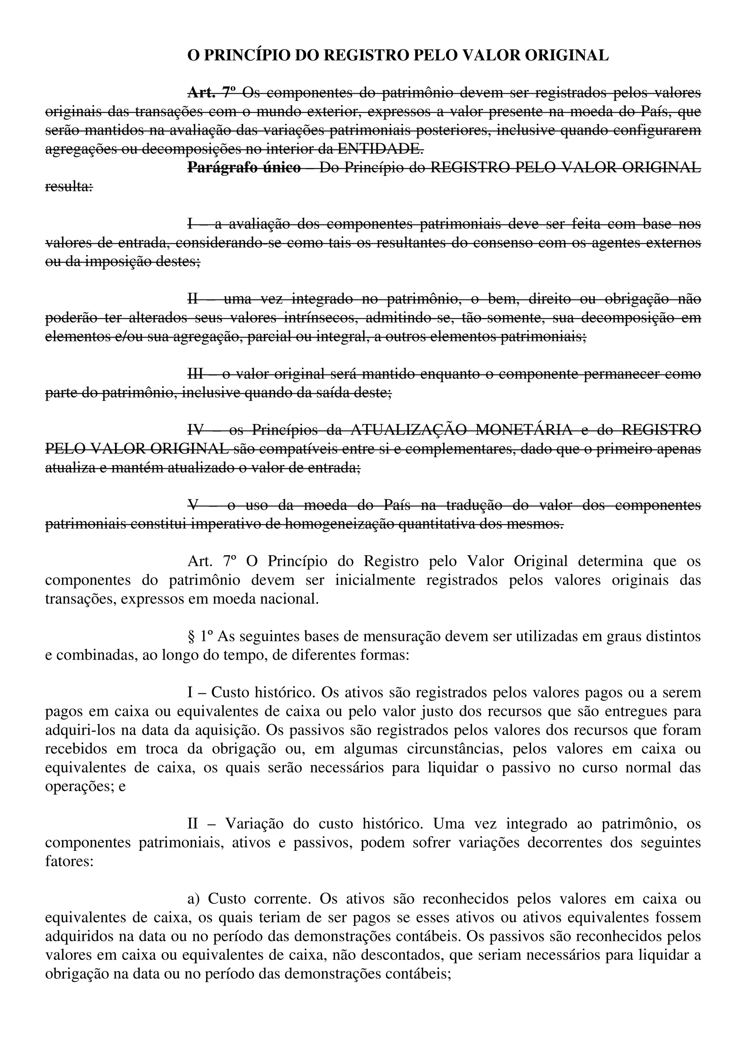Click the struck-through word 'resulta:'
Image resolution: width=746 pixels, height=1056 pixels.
(69, 187)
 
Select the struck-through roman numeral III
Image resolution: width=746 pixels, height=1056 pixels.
(195, 374)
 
